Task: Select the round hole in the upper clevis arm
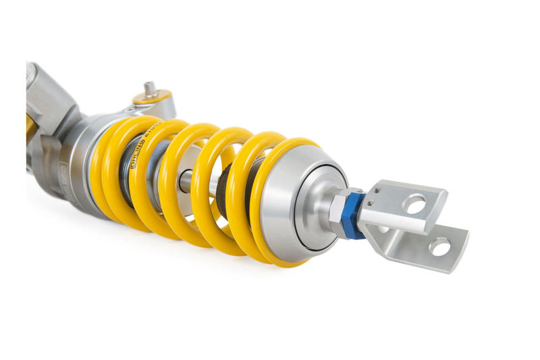point(415,203)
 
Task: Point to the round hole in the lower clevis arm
point(440,247)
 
